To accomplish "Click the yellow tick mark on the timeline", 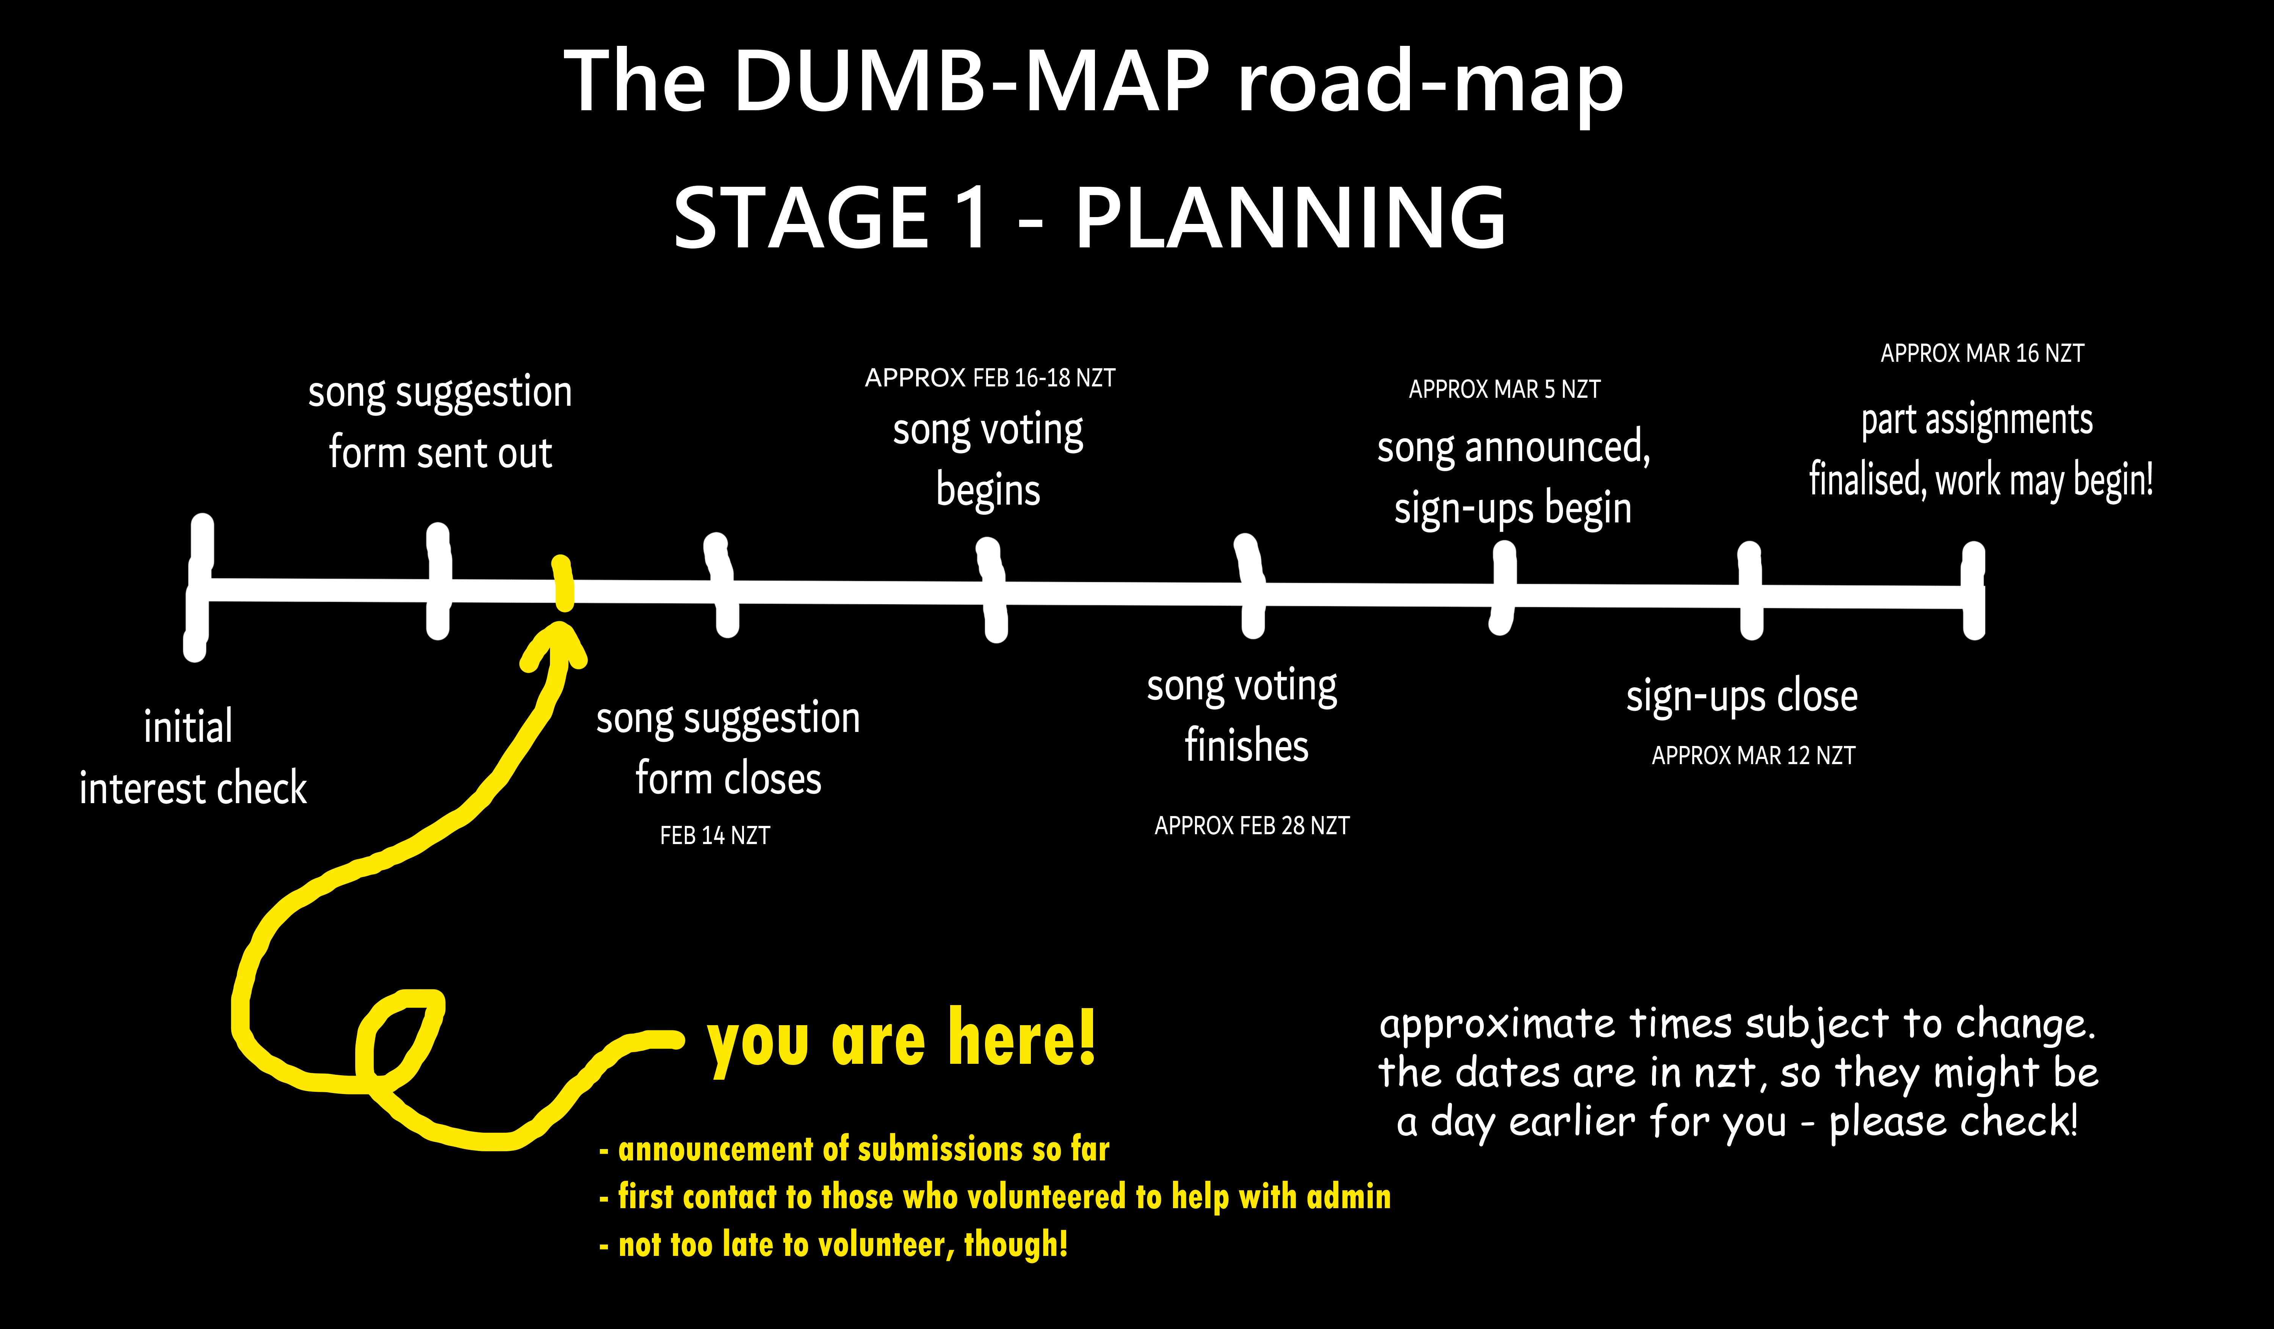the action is tap(563, 584).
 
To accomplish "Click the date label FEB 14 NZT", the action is tap(715, 835).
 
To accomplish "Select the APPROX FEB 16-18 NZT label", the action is tap(990, 378).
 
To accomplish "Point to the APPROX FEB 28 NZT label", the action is tap(1251, 826).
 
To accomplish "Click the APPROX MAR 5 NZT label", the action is tap(1504, 390).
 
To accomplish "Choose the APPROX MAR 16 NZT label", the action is tap(1983, 354).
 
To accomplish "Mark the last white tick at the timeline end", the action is tap(1973, 591).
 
